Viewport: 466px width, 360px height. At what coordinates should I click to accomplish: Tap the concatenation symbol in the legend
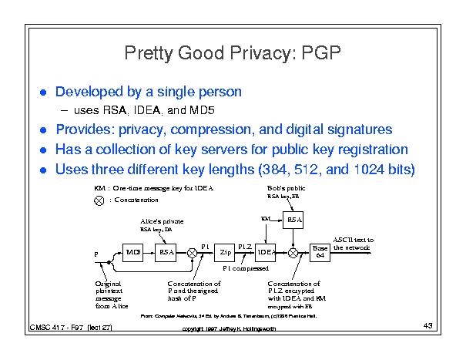99,200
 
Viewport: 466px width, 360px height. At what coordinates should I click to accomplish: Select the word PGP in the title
318,54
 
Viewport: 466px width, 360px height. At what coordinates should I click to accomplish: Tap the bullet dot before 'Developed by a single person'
43,92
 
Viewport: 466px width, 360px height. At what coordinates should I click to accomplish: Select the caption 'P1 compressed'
245,269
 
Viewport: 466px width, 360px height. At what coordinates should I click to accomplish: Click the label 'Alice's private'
161,220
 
